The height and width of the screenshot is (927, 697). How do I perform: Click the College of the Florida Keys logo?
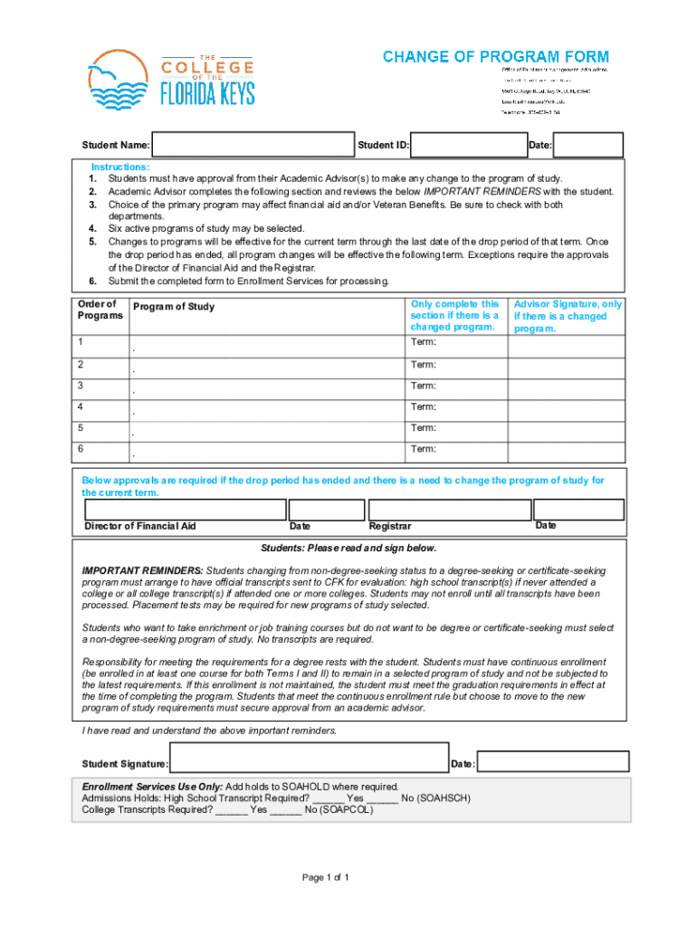tap(171, 81)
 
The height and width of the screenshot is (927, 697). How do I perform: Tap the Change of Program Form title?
tap(495, 57)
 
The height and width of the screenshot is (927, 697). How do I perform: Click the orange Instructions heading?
tap(120, 167)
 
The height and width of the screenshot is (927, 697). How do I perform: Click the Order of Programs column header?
tap(98, 310)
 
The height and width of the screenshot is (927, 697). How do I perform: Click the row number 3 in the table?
tap(81, 386)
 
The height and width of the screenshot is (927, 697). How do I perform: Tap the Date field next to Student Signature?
tap(550, 763)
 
